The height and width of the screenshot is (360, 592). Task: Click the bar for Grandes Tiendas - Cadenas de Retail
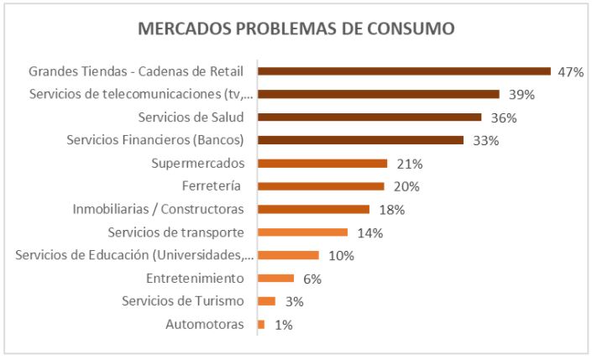404,71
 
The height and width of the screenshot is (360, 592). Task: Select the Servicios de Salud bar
369,117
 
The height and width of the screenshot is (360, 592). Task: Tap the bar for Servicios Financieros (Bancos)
360,140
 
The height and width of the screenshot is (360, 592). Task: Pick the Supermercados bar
322,163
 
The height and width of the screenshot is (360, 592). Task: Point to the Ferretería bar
321,186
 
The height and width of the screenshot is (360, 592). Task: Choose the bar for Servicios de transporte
302,232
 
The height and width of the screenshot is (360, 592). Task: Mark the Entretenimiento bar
275,278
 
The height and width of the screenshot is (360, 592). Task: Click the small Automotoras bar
261,324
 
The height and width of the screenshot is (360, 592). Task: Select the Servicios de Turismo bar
266,301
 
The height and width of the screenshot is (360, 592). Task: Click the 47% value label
570,72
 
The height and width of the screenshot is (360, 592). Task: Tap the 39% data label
519,95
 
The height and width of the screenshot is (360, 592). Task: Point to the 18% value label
389,210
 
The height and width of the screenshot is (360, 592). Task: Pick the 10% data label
340,256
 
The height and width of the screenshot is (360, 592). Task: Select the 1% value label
283,325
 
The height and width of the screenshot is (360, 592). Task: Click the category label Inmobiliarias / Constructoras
158,209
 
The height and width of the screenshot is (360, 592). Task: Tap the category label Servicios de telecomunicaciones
141,94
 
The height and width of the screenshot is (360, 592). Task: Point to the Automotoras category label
205,324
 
